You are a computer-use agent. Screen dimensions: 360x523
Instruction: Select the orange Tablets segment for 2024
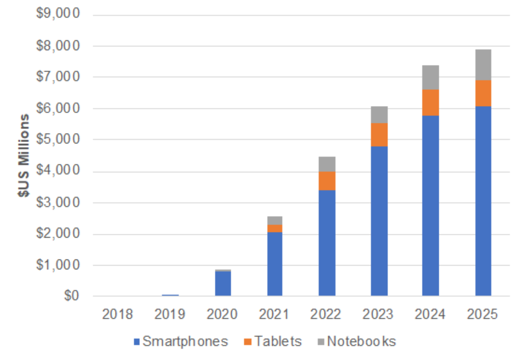tap(430, 103)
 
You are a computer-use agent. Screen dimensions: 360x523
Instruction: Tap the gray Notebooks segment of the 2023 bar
tap(379, 115)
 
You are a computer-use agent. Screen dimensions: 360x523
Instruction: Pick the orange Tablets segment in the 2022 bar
tap(327, 181)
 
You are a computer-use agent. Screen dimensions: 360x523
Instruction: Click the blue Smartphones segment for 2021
tap(275, 264)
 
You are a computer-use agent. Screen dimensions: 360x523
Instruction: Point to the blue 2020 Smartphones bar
tap(223, 283)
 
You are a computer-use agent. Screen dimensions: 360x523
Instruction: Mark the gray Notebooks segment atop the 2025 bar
tap(483, 65)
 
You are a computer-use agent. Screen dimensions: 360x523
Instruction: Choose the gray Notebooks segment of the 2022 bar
tap(327, 164)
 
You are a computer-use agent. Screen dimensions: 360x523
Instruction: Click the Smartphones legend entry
tap(181, 341)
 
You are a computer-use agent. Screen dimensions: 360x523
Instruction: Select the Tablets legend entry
tap(273, 341)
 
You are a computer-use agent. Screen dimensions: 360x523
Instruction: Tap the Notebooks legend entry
tap(357, 341)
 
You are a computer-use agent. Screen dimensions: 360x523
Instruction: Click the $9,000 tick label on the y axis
tap(58, 13)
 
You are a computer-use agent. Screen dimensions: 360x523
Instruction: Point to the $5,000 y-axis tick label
tap(58, 139)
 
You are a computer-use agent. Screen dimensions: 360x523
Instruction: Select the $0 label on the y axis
tap(71, 296)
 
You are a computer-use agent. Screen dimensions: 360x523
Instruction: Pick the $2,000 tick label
tap(58, 233)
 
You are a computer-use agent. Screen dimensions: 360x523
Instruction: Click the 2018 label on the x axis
tap(117, 314)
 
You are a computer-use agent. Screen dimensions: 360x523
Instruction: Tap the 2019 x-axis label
tap(170, 314)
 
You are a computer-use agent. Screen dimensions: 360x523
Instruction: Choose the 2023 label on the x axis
tap(378, 314)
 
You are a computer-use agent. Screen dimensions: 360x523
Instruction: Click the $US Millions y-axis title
tap(24, 155)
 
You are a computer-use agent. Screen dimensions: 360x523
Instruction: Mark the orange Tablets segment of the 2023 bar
tap(379, 134)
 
